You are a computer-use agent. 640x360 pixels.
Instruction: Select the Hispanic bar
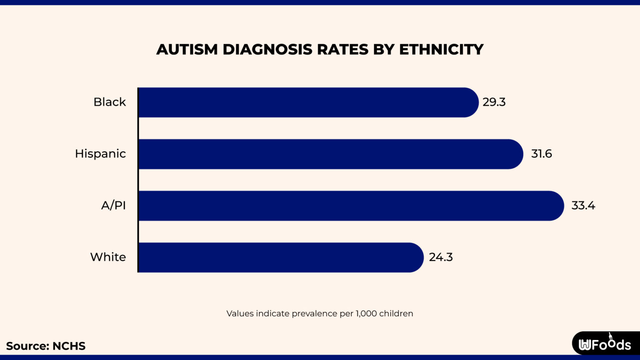point(330,154)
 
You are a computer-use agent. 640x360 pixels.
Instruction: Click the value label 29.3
point(494,102)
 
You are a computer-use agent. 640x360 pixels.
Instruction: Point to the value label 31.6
point(541,154)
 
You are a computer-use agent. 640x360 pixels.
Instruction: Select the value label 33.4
point(583,205)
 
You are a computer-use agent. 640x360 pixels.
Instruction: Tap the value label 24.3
point(441,257)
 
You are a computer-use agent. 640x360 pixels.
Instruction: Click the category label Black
point(110,102)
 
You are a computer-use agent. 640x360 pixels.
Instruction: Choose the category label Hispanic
point(100,154)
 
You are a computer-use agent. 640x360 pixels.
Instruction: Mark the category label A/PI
point(113,205)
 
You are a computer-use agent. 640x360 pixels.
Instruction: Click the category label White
point(108,257)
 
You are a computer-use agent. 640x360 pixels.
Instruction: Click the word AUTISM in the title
point(187,50)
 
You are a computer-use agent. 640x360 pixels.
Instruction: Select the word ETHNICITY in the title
point(441,50)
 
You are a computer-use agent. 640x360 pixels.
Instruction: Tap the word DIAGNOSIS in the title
point(267,50)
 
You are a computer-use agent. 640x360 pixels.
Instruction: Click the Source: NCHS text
point(46,346)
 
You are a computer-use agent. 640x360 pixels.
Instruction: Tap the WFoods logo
point(605,344)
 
